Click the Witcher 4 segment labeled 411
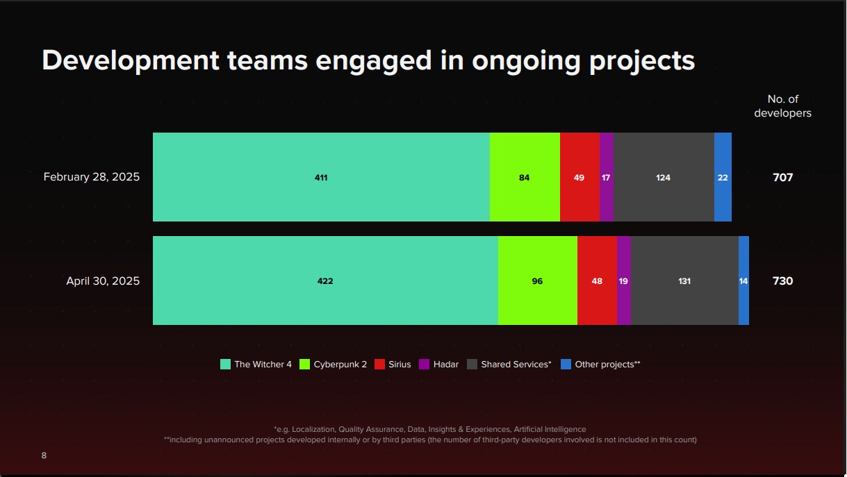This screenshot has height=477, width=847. (321, 177)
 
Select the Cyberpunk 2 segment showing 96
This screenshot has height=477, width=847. (537, 281)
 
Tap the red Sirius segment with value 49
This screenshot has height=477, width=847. (579, 177)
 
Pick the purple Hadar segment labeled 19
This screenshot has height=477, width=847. (623, 281)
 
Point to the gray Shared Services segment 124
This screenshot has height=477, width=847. (664, 177)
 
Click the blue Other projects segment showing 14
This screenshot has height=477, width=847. (743, 281)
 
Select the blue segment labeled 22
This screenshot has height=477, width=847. (723, 177)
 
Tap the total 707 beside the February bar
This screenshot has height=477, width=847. (782, 177)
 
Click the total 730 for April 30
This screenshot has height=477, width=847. (782, 281)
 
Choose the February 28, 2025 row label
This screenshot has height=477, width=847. (92, 177)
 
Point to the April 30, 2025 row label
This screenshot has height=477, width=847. (103, 281)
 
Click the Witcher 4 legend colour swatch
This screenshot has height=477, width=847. (225, 365)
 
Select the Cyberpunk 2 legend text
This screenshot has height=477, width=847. (340, 365)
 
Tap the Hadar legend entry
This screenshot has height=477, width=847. (438, 365)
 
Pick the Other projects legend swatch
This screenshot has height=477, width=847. (566, 365)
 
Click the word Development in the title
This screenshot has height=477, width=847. (131, 61)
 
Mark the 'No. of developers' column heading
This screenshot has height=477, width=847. (782, 106)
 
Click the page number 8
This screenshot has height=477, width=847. (44, 455)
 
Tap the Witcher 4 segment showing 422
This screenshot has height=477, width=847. (325, 281)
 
